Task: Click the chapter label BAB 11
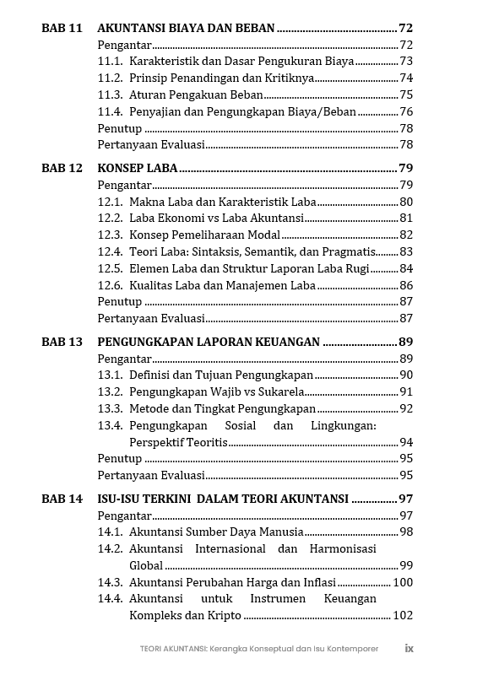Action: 62,28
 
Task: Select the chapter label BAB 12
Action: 62,168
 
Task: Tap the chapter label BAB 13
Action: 62,342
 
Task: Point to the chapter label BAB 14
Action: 62,499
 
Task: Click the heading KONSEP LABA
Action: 138,168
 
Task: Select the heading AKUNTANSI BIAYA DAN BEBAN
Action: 186,28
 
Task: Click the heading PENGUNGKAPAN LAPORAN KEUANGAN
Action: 209,342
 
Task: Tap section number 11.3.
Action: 110,94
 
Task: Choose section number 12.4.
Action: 110,251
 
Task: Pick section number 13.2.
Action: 110,391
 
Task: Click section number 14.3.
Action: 110,582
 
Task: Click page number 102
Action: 403,615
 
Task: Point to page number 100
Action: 403,582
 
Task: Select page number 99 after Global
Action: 406,565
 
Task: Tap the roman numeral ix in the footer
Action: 409,649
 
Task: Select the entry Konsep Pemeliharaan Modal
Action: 204,235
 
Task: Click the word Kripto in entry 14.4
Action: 224,615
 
